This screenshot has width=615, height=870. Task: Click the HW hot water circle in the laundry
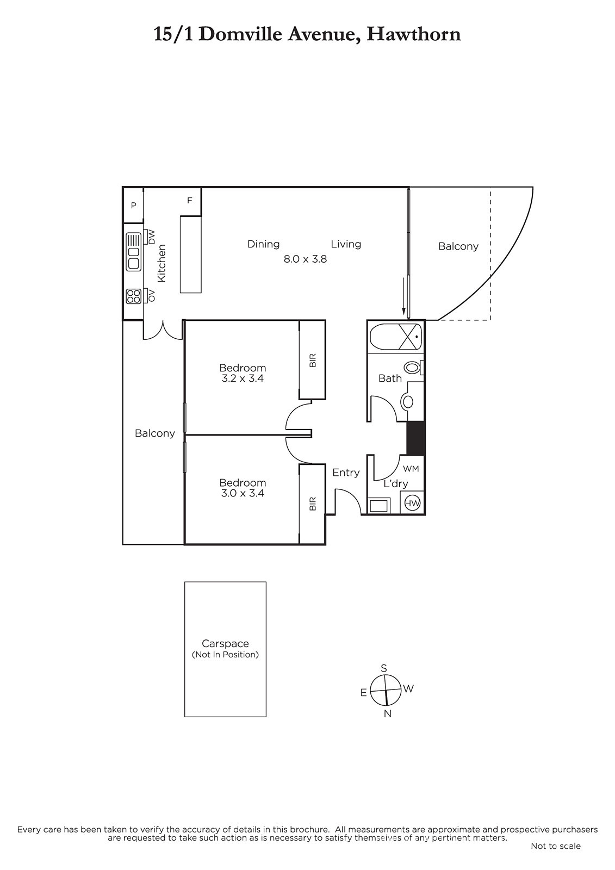pyautogui.click(x=412, y=504)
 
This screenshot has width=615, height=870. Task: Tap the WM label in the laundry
pyautogui.click(x=411, y=468)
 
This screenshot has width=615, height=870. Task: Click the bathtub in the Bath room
pyautogui.click(x=395, y=337)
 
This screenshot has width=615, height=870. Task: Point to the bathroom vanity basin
pyautogui.click(x=407, y=401)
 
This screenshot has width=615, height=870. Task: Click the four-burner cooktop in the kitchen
pyautogui.click(x=133, y=296)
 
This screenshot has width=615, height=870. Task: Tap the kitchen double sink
pyautogui.click(x=133, y=251)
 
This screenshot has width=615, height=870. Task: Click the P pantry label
pyautogui.click(x=134, y=206)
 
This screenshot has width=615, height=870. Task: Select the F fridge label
pyautogui.click(x=190, y=201)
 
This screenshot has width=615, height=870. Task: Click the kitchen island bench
pyautogui.click(x=191, y=254)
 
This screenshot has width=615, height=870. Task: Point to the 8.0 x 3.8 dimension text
pyautogui.click(x=305, y=259)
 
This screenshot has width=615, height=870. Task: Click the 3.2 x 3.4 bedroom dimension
pyautogui.click(x=243, y=378)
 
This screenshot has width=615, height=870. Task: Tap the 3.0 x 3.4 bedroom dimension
pyautogui.click(x=243, y=493)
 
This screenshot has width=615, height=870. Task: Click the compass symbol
pyautogui.click(x=385, y=691)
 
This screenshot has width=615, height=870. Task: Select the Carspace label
pyautogui.click(x=225, y=644)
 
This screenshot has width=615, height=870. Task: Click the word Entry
pyautogui.click(x=346, y=473)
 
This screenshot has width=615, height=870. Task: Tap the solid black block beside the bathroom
pyautogui.click(x=415, y=438)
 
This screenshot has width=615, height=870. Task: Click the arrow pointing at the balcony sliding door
pyautogui.click(x=403, y=296)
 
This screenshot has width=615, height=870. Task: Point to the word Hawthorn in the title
pyautogui.click(x=414, y=34)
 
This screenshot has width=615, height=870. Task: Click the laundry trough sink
pyautogui.click(x=378, y=506)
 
